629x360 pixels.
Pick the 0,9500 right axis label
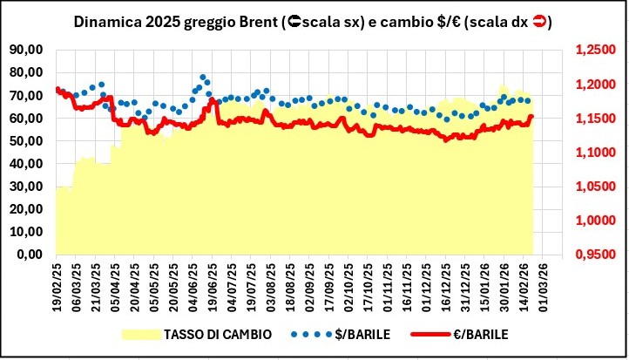[x=596, y=255]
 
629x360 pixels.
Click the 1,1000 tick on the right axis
[x=596, y=153]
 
